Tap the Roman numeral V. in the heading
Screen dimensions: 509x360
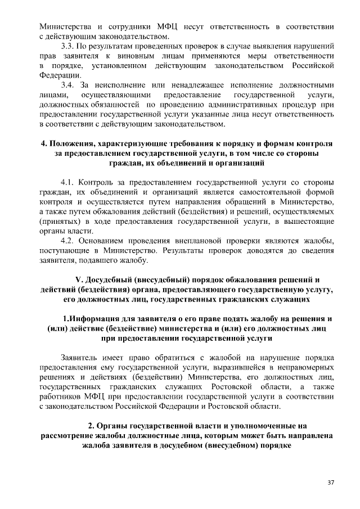[x=79, y=280]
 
